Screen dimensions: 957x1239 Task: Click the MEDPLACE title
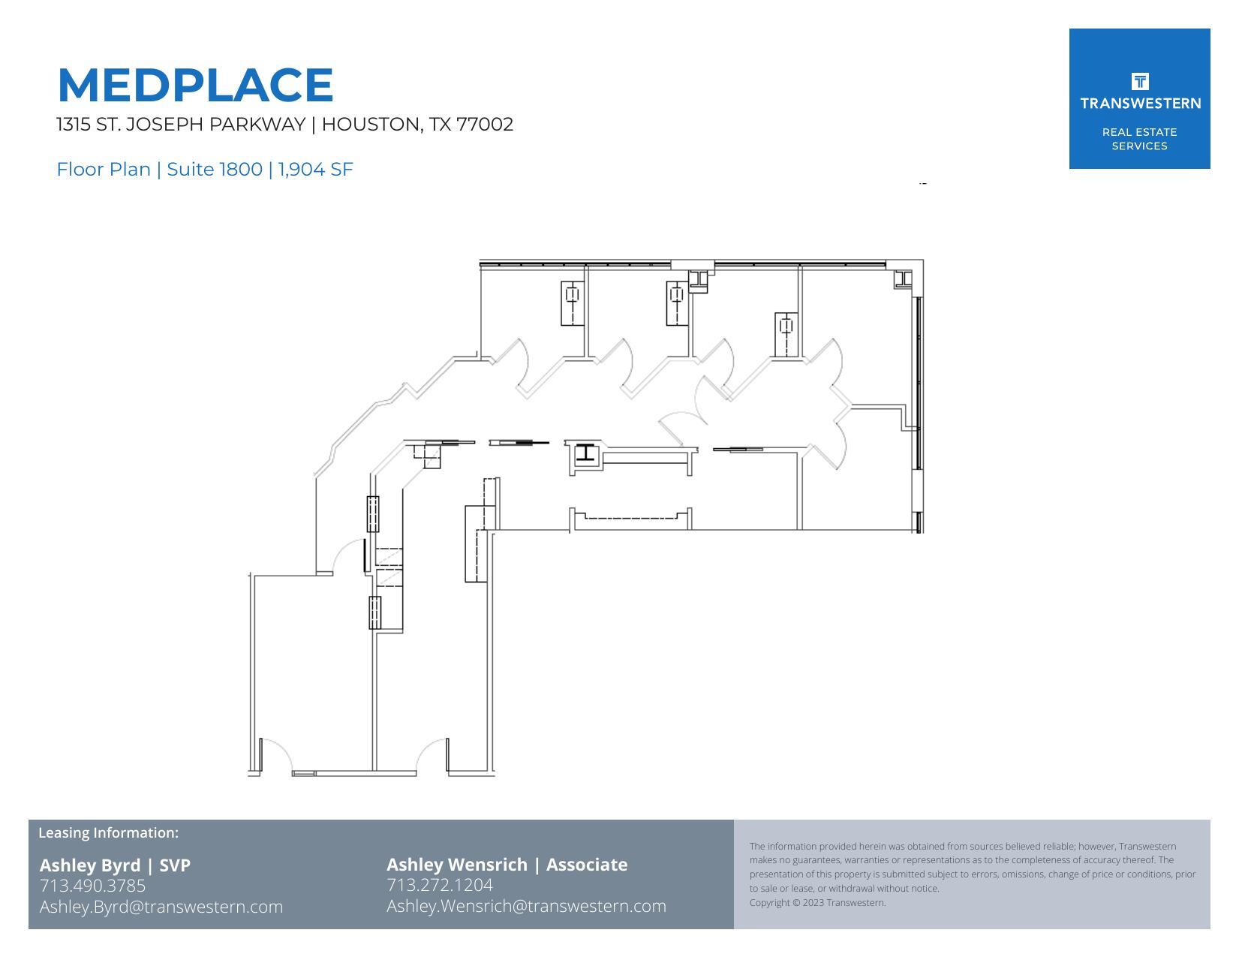(x=195, y=85)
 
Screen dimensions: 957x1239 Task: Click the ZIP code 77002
(x=485, y=125)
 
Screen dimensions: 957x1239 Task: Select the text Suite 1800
(x=214, y=170)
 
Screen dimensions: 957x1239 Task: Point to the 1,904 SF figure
(x=315, y=170)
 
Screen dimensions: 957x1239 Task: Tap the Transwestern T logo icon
(x=1139, y=81)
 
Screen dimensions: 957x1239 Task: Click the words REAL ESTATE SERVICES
(x=1139, y=139)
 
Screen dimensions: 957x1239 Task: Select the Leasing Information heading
(x=108, y=832)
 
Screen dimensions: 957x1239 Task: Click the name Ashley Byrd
(x=89, y=865)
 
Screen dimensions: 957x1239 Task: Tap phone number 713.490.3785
(x=92, y=886)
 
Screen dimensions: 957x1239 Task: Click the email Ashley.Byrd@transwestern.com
(x=161, y=907)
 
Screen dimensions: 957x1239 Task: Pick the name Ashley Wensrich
(x=457, y=865)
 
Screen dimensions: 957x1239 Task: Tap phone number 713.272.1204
(x=440, y=885)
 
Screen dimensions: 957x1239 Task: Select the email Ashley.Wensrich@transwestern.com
(x=526, y=906)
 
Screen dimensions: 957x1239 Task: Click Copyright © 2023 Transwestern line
(x=817, y=903)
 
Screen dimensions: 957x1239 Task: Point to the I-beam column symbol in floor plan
(x=585, y=453)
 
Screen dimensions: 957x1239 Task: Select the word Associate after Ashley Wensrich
(x=587, y=865)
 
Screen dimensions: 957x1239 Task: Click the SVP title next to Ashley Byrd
(x=175, y=865)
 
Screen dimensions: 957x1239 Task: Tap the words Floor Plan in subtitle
(x=104, y=170)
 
